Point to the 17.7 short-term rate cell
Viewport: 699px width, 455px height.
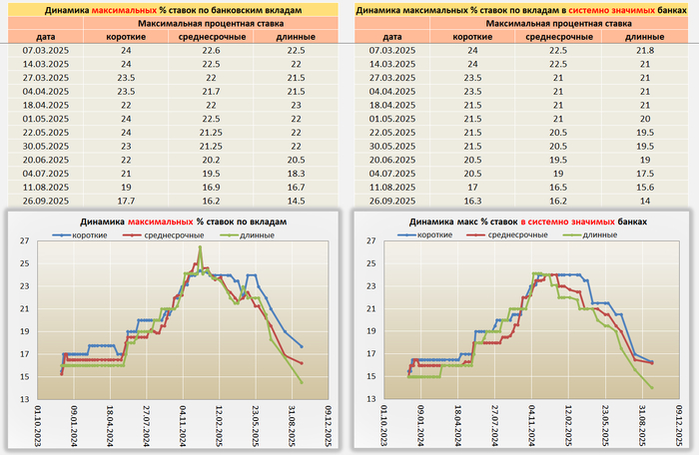(127, 201)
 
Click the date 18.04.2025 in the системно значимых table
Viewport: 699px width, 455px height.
(391, 105)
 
